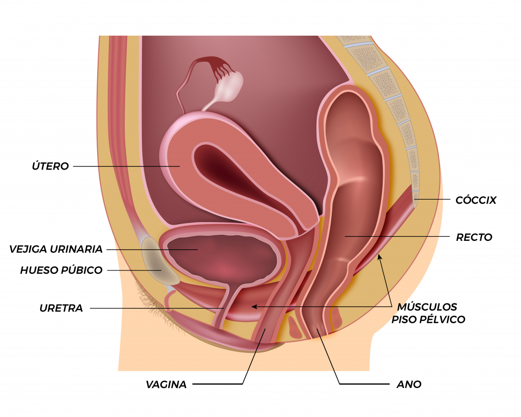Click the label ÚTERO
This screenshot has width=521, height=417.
coord(50,165)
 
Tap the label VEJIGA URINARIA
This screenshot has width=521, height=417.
coord(56,249)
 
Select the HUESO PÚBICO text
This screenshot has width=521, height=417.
coord(61,270)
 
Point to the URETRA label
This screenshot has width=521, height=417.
coord(61,308)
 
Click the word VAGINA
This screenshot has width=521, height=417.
coord(166,384)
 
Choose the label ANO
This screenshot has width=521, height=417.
coord(409,384)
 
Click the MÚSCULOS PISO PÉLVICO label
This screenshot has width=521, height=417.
coord(428,313)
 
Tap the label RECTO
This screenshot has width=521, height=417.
coord(474,237)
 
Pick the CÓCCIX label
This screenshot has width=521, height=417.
coord(476,200)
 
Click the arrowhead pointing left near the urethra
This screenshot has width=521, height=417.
coord(254,307)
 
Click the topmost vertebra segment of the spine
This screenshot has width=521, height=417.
coord(354,40)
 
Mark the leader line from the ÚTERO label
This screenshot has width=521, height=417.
coord(127,166)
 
